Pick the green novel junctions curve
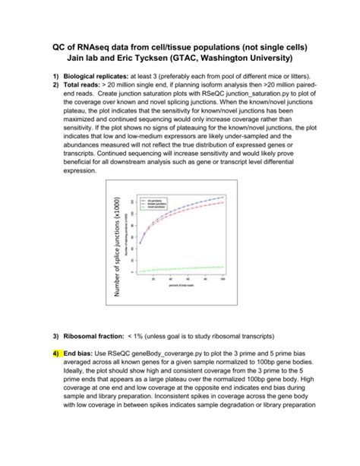click(x=182, y=268)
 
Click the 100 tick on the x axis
click(x=223, y=280)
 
